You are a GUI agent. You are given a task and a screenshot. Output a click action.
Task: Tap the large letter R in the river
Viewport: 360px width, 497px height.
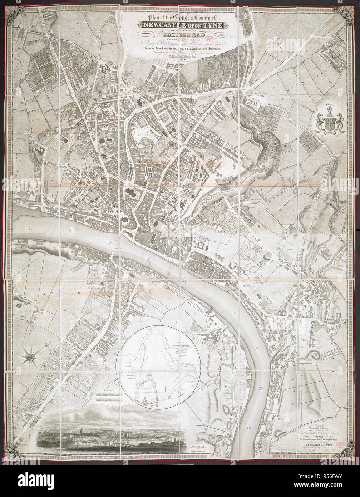pos(35,227)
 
